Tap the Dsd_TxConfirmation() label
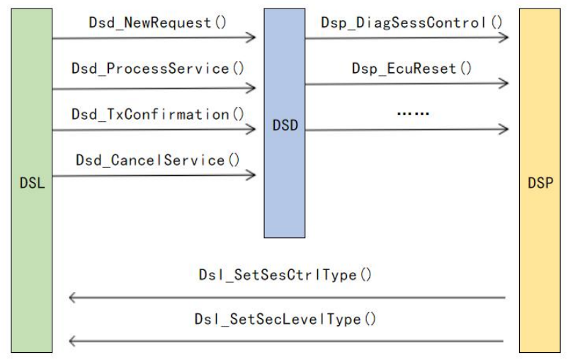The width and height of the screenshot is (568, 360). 157,113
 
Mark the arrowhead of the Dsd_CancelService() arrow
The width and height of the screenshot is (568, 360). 251,174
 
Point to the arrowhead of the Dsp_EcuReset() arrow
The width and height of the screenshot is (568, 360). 504,84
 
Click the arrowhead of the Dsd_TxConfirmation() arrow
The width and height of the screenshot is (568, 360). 251,130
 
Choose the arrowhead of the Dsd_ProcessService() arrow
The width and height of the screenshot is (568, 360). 251,89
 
